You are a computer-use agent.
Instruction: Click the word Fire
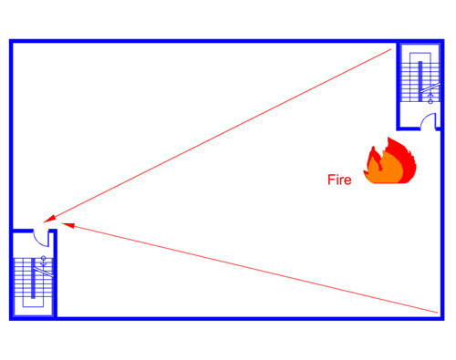pos(339,180)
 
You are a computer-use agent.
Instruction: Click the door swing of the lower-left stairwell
pos(40,238)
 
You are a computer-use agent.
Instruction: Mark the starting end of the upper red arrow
pos(392,51)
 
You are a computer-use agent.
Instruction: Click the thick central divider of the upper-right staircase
pos(420,78)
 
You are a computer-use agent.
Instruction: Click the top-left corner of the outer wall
pos(12,42)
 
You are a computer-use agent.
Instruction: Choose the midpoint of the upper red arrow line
pos(221,134)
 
